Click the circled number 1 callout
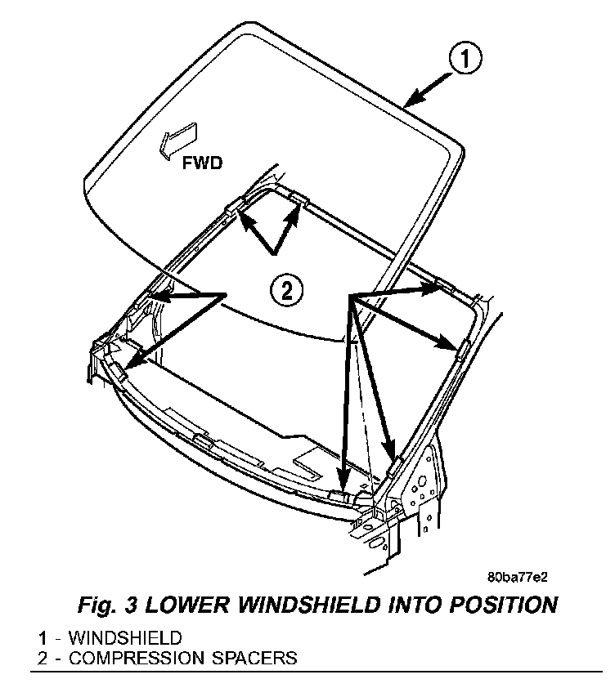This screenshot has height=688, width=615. [x=463, y=59]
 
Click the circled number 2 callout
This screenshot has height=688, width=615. [x=286, y=289]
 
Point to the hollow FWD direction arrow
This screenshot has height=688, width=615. [x=178, y=136]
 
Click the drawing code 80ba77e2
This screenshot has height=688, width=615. [x=517, y=576]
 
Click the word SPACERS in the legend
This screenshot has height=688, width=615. [x=254, y=657]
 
